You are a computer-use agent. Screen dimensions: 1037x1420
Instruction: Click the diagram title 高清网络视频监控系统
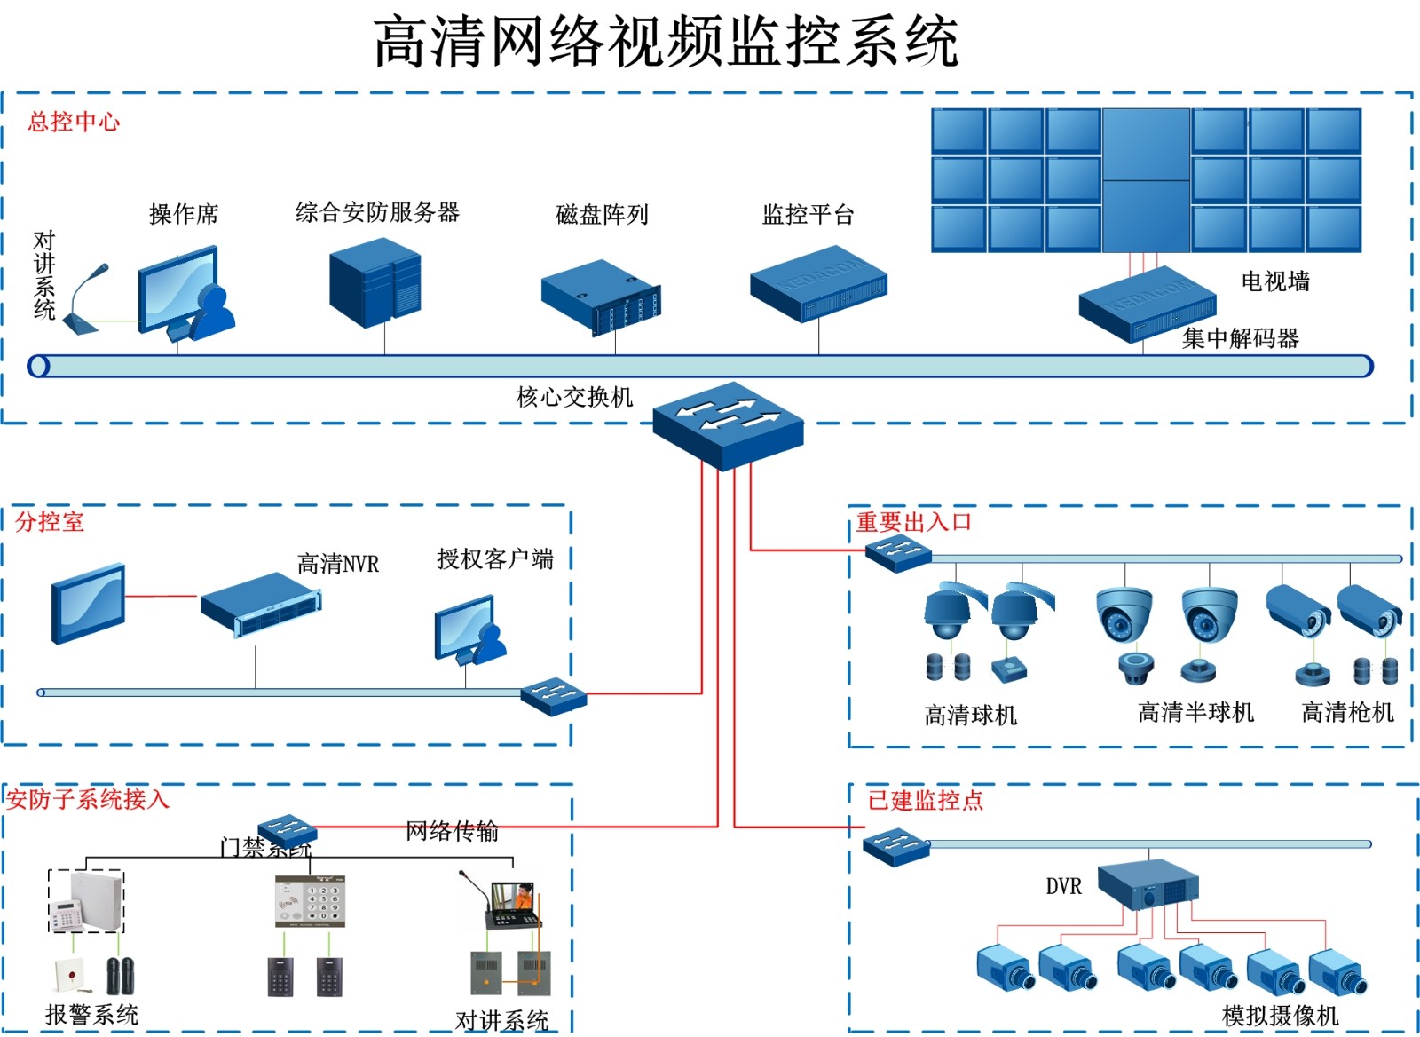666,42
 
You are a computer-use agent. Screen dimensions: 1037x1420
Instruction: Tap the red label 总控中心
74,122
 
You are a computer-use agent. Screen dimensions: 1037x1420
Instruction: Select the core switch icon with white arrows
728,424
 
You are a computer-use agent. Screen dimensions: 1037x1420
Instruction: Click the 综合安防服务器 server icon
375,282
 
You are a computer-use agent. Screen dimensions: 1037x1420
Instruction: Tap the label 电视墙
1275,281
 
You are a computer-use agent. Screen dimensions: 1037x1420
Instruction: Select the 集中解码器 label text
1241,338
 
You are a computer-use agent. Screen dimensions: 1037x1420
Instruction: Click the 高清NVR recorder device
260,604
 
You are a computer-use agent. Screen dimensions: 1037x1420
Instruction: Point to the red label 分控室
50,521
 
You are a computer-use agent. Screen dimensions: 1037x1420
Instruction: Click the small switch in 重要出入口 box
898,552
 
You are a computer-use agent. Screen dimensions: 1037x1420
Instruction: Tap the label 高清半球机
1195,712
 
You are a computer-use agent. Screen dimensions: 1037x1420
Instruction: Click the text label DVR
1063,886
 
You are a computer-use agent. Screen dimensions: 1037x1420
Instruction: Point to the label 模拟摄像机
1280,1015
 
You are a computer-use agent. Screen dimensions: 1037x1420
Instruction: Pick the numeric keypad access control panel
310,902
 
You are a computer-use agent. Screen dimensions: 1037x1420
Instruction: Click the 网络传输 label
452,831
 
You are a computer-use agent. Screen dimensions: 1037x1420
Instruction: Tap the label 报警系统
91,1014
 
